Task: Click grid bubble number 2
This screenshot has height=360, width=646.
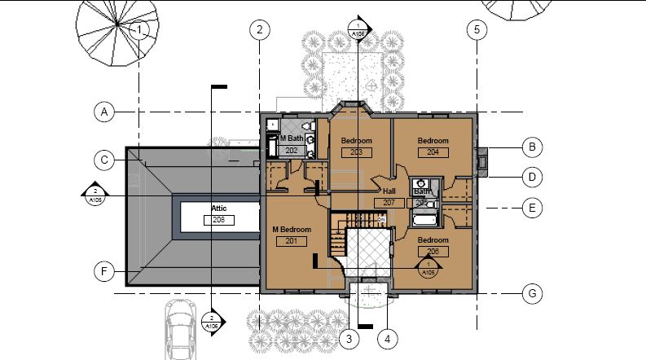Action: (258, 31)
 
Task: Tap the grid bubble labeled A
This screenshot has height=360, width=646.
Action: (103, 112)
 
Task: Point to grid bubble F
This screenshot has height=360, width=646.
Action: (103, 271)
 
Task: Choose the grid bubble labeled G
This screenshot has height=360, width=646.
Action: (531, 293)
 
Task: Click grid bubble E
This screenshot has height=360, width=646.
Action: (531, 209)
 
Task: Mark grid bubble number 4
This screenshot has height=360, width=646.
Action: (388, 337)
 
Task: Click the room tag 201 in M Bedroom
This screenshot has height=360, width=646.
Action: (291, 241)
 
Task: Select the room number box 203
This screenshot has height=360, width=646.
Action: (355, 151)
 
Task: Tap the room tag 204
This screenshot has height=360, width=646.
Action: (433, 151)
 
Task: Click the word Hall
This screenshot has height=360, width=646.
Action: (389, 191)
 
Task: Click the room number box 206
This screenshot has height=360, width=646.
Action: (433, 252)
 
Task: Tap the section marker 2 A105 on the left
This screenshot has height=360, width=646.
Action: (94, 195)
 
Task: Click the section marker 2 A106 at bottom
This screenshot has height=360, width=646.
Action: (211, 322)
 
